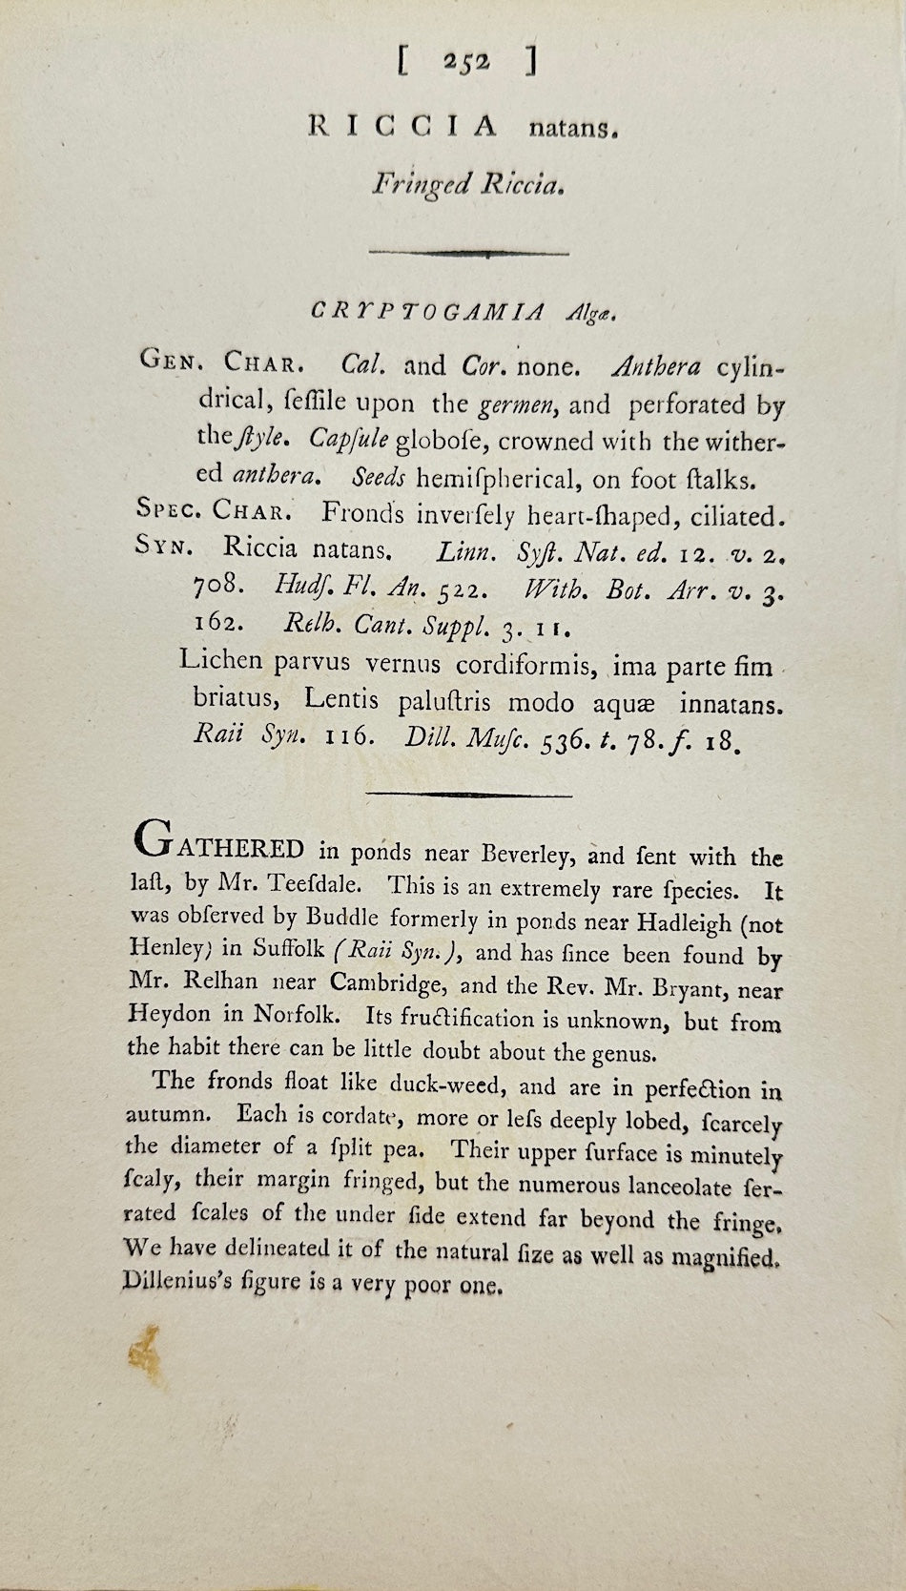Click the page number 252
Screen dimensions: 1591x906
point(466,62)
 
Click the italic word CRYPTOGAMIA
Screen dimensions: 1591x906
point(428,311)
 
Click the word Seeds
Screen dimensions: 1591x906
point(378,477)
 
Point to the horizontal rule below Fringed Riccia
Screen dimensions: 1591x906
point(468,253)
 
